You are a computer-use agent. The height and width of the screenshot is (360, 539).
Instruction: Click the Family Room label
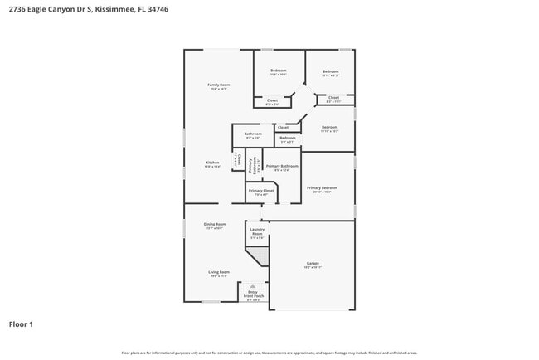tap(218, 85)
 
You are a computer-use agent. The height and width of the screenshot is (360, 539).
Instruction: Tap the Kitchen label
tap(212, 163)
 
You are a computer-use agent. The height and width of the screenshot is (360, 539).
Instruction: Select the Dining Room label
tap(215, 224)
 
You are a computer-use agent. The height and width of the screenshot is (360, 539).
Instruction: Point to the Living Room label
tap(219, 272)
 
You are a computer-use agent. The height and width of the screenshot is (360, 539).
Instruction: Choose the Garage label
tap(312, 264)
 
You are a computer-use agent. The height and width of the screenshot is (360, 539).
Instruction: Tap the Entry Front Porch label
tap(253, 294)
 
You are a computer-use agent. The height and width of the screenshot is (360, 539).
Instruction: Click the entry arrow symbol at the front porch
tap(253, 285)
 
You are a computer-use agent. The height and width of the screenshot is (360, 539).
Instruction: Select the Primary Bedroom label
tap(322, 187)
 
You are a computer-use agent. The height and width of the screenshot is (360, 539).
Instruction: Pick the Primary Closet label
tap(261, 191)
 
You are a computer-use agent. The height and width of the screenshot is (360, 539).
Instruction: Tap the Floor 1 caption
tap(21, 324)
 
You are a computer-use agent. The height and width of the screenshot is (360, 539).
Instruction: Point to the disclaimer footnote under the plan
tap(269, 353)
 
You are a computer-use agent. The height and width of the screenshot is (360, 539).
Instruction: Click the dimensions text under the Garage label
tap(312, 269)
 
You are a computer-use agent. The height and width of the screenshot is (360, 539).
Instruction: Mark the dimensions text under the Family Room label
tap(218, 90)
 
